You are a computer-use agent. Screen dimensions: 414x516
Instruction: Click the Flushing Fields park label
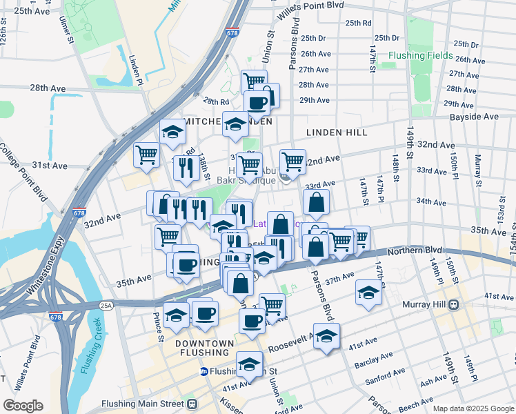click(x=420, y=55)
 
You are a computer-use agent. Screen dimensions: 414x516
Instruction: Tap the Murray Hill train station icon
click(x=453, y=305)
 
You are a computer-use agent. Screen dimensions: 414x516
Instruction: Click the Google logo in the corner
click(x=23, y=406)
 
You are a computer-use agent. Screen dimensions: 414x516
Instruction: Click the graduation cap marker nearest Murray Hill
click(x=369, y=293)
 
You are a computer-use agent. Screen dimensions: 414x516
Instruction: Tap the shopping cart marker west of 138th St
click(x=147, y=155)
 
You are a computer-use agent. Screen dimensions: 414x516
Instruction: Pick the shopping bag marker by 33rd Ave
click(x=316, y=203)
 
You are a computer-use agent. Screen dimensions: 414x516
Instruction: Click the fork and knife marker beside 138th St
click(x=185, y=166)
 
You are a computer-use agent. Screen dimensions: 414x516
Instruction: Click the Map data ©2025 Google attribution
click(x=473, y=408)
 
